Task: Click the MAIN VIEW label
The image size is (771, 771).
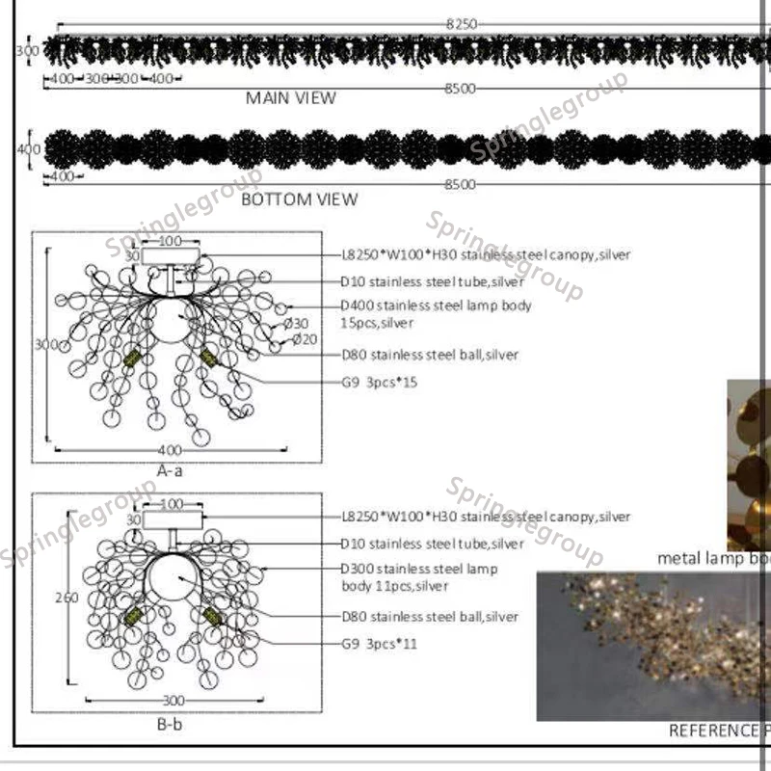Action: point(291,98)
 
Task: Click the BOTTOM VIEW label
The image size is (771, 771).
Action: point(299,199)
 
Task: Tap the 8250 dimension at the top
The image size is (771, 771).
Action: point(461,23)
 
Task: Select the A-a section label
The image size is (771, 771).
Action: point(170,470)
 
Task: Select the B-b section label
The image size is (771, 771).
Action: point(170,724)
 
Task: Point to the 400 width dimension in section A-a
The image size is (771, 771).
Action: point(170,450)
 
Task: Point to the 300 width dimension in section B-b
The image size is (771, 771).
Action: point(173,701)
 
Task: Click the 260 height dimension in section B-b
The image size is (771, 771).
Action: point(66,598)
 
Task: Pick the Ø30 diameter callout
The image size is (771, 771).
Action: point(299,324)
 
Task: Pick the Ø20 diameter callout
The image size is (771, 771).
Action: point(305,339)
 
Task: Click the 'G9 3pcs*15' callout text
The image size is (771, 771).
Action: point(380,383)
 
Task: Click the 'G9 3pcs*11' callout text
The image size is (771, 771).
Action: point(380,644)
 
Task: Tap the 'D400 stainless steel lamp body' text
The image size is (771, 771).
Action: point(436,306)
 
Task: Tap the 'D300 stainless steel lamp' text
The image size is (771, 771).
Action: point(420,569)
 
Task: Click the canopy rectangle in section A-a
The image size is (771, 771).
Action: point(172,256)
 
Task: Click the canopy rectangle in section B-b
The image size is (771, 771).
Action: point(173,519)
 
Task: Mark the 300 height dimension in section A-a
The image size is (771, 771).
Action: point(40,344)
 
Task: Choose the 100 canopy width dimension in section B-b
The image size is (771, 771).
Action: point(171,503)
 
